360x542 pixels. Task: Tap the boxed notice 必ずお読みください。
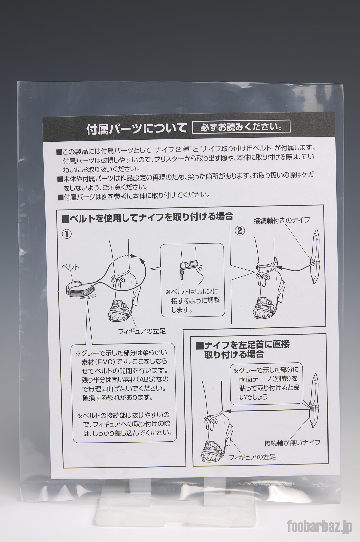[x=241, y=127]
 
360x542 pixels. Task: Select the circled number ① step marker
[x=67, y=234]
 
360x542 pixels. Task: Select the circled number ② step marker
[x=239, y=231]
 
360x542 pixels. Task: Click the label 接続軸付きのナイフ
[x=282, y=221]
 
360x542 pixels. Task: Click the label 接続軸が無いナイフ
[x=292, y=443]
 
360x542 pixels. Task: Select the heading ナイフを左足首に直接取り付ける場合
[x=243, y=350]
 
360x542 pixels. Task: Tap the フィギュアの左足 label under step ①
[x=142, y=331]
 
